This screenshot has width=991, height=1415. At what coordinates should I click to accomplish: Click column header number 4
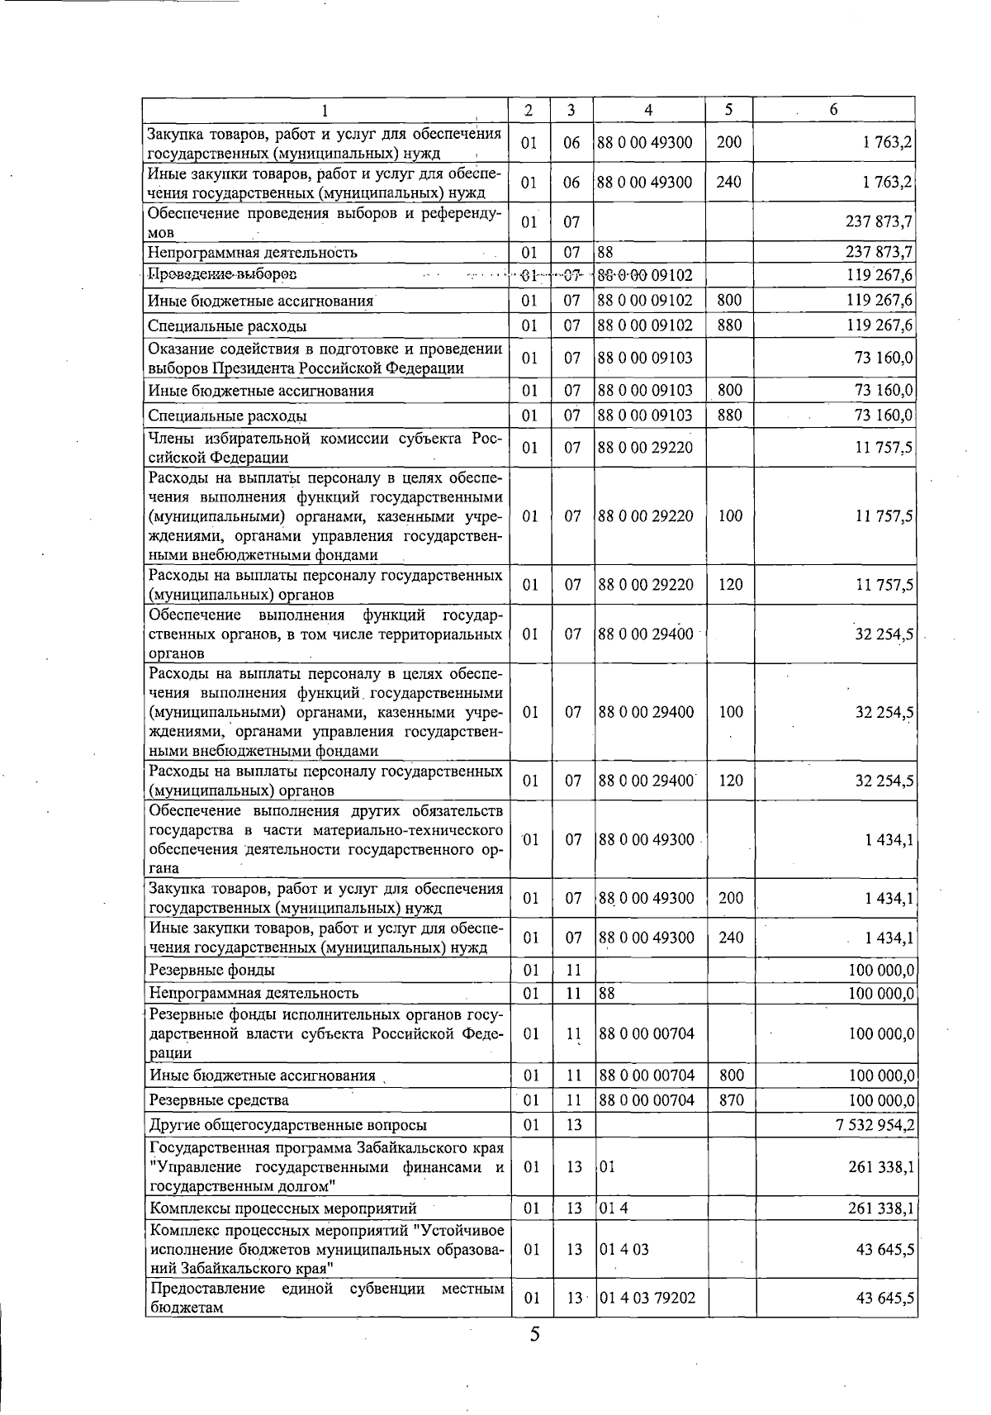tap(649, 110)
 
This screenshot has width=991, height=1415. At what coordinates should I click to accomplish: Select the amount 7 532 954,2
tap(875, 1124)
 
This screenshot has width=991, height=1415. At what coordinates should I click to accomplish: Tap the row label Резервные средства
tap(219, 1099)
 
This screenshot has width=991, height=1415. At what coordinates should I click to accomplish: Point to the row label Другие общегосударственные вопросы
tap(287, 1124)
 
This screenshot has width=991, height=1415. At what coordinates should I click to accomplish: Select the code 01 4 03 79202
tap(647, 1298)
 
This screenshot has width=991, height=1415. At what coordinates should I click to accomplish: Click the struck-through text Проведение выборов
tap(222, 274)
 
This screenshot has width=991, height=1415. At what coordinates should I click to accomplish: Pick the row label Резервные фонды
tap(211, 970)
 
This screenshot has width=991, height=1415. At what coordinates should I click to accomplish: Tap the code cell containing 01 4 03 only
tap(624, 1249)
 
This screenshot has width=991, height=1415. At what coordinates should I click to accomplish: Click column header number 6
tap(833, 110)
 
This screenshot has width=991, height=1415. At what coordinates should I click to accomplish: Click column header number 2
tap(529, 110)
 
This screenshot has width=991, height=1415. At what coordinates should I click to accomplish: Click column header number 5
tap(729, 110)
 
